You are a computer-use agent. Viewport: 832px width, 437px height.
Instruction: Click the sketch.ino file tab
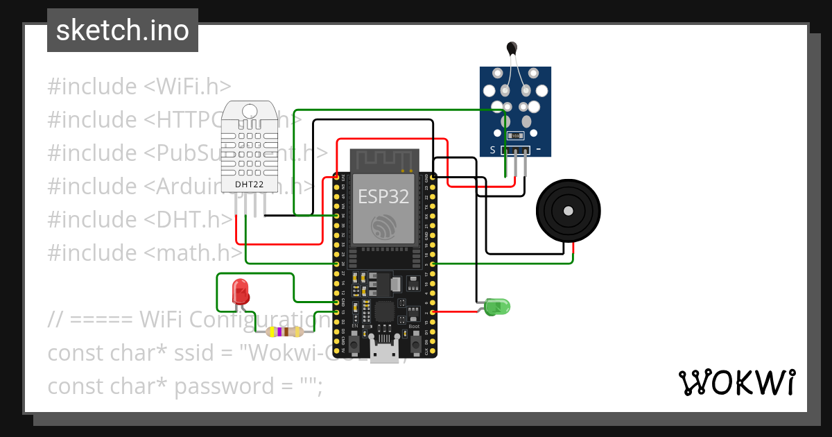pos(122,31)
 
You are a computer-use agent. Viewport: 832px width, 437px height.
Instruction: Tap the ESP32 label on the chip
pos(384,196)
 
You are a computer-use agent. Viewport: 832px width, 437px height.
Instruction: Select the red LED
pos(241,291)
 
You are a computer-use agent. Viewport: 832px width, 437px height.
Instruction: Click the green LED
pos(497,306)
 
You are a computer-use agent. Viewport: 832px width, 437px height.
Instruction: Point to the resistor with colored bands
pos(285,332)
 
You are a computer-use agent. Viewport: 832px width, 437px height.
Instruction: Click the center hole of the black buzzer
pos(569,210)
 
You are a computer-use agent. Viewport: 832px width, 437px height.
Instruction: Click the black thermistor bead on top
pos(512,48)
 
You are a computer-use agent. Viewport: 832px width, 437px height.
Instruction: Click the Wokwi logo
pos(736,382)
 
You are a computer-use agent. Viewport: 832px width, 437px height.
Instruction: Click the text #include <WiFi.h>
pos(139,87)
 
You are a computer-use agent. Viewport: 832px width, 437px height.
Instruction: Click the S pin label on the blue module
pos(492,150)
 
